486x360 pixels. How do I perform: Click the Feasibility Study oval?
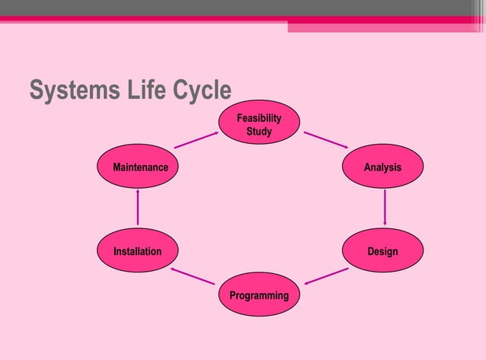coord(259,123)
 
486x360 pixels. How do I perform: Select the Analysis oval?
coord(382,167)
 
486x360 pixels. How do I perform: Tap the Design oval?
coord(382,251)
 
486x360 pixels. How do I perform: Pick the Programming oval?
coord(259,295)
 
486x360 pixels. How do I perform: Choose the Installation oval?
coord(137,251)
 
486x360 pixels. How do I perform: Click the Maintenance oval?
coord(137,167)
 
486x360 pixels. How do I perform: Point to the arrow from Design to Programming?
coord(326,276)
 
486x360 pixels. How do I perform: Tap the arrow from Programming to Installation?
coord(192,276)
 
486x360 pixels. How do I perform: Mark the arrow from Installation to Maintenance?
coord(137,208)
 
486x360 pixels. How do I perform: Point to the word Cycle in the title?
coord(197,91)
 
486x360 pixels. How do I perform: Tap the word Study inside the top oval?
coord(259,132)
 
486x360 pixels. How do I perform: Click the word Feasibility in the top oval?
coord(259,118)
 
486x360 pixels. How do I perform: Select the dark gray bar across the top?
coord(229,8)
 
